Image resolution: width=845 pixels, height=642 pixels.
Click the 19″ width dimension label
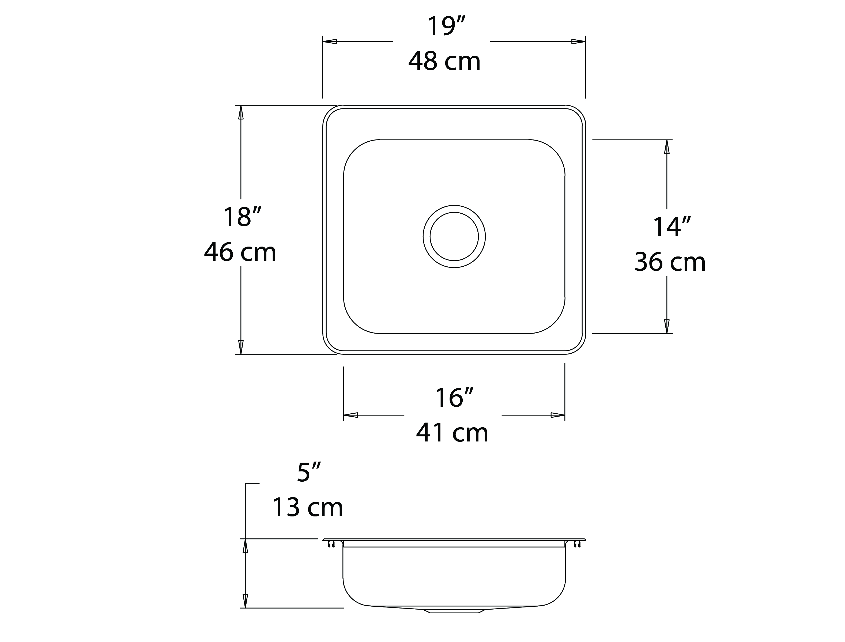click(446, 26)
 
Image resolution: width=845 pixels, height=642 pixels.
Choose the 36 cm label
click(670, 262)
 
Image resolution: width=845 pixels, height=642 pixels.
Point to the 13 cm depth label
click(308, 508)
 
